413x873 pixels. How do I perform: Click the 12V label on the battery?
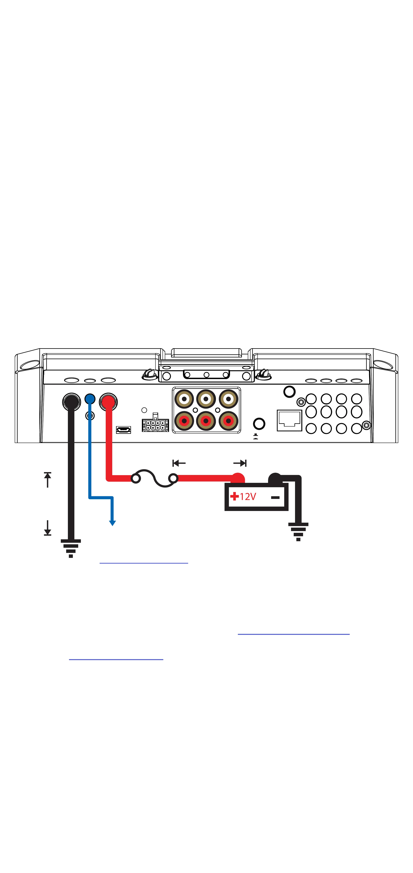[248, 497]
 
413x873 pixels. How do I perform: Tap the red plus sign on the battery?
[234, 497]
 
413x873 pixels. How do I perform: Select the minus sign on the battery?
[275, 498]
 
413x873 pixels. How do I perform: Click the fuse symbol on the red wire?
[155, 478]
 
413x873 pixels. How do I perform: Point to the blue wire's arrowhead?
[112, 523]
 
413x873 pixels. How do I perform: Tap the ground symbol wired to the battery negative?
[298, 532]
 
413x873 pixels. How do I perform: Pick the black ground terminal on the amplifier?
[72, 402]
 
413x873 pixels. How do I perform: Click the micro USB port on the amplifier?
[124, 430]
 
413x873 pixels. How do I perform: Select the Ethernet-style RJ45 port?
[289, 420]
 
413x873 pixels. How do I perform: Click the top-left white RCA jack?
[184, 399]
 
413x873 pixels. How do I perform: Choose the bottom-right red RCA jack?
[228, 421]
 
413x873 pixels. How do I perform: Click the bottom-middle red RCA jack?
[206, 421]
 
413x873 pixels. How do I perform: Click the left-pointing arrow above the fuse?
[179, 463]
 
